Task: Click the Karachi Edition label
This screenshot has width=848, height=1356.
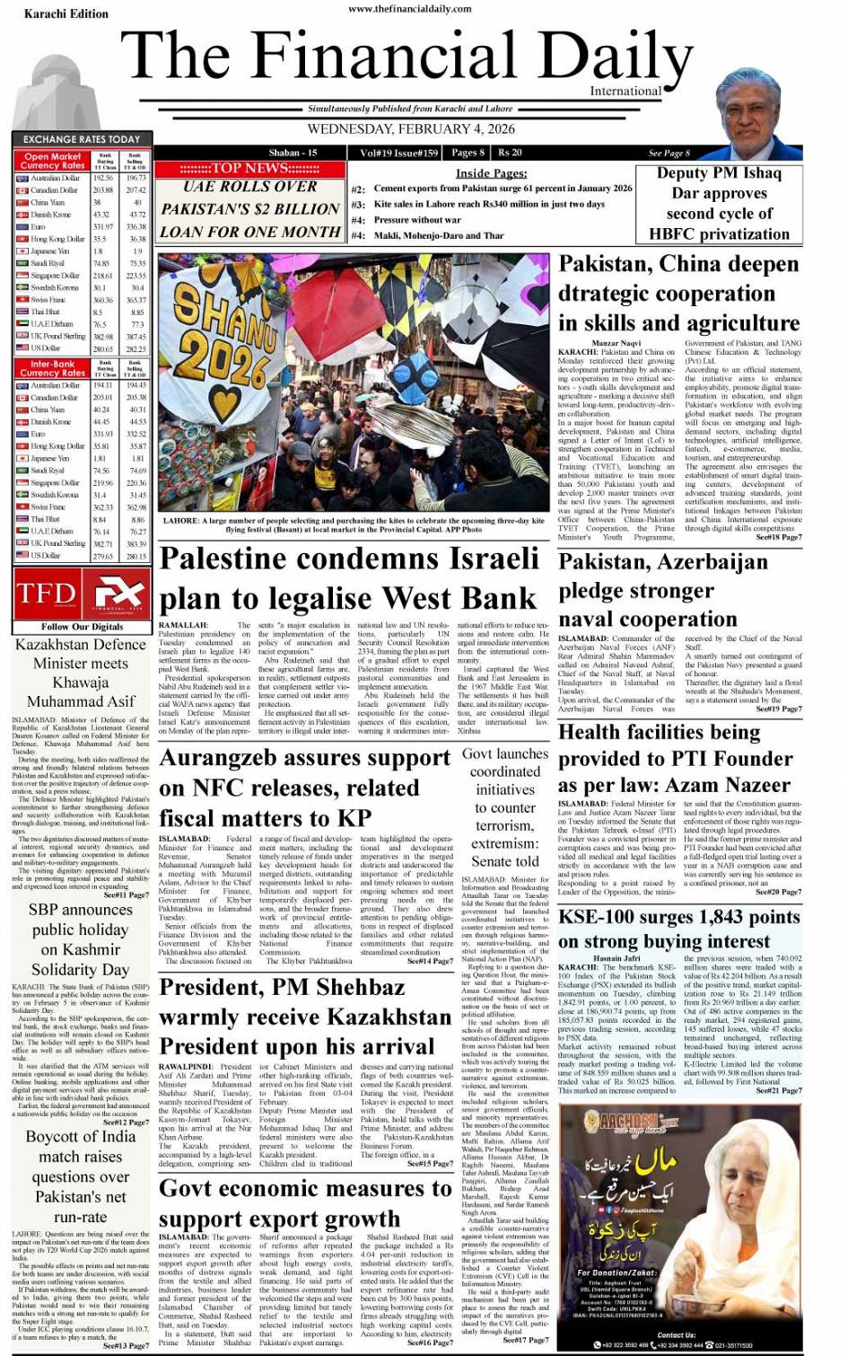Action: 58,13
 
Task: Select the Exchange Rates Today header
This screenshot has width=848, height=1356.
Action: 82,139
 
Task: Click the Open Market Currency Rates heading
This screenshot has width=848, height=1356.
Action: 52,161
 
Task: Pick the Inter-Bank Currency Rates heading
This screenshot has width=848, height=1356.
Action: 52,368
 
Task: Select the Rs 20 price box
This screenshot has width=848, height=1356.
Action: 510,153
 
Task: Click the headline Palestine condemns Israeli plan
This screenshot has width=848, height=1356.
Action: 349,578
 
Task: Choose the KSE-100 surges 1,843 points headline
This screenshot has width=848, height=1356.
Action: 678,929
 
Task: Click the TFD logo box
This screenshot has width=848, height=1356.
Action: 47,594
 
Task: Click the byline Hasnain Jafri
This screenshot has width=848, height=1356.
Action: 616,959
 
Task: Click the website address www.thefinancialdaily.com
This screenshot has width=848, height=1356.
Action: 410,9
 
